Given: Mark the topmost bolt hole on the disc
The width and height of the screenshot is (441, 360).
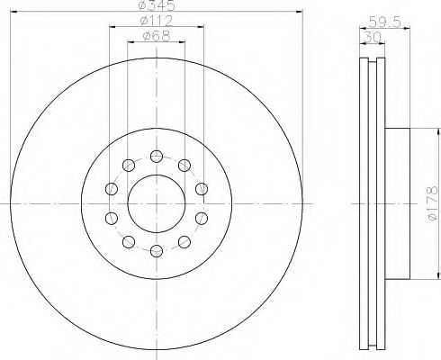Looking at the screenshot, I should click(156, 154).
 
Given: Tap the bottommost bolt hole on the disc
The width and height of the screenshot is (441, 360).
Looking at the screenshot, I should click(156, 249).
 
